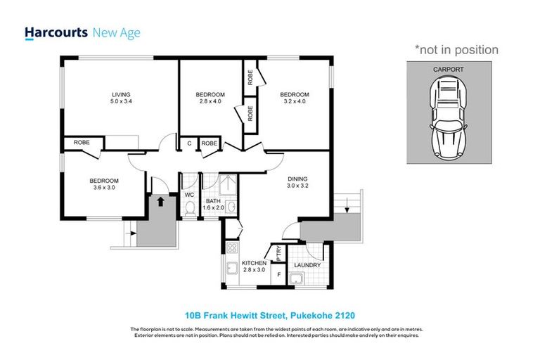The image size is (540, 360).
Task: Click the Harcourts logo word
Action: [56, 32]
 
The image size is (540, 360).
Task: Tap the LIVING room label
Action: [120, 94]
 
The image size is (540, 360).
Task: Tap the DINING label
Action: [297, 179]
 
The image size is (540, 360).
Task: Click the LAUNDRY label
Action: [308, 265]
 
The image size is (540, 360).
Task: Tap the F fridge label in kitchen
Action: [279, 274]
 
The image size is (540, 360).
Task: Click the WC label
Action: [189, 195]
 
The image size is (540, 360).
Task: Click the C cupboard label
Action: [189, 143]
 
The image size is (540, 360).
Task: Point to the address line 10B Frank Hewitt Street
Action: [269, 314]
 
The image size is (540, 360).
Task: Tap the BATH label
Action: [210, 201]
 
